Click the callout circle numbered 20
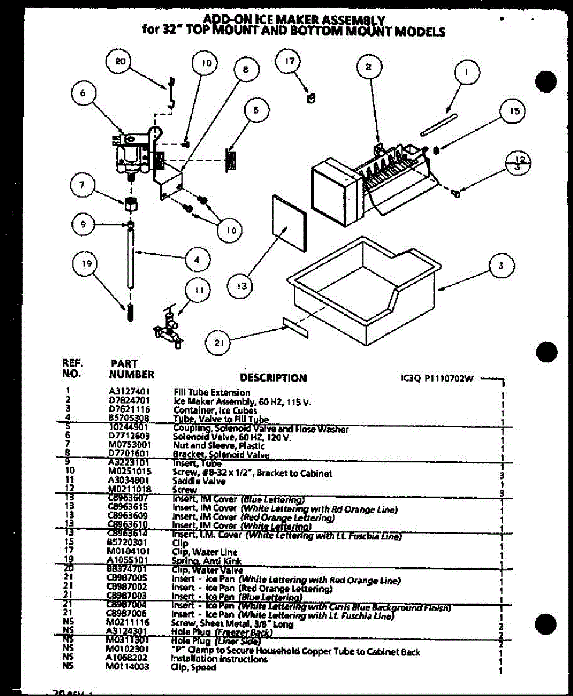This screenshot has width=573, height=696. (120, 63)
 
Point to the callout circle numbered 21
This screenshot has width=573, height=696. (219, 343)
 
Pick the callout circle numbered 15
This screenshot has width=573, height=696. (514, 112)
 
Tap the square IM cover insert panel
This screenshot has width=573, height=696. (289, 222)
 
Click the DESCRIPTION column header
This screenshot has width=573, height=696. (273, 378)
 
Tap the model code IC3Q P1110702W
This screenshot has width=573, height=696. (433, 379)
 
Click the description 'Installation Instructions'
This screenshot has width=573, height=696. (218, 659)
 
